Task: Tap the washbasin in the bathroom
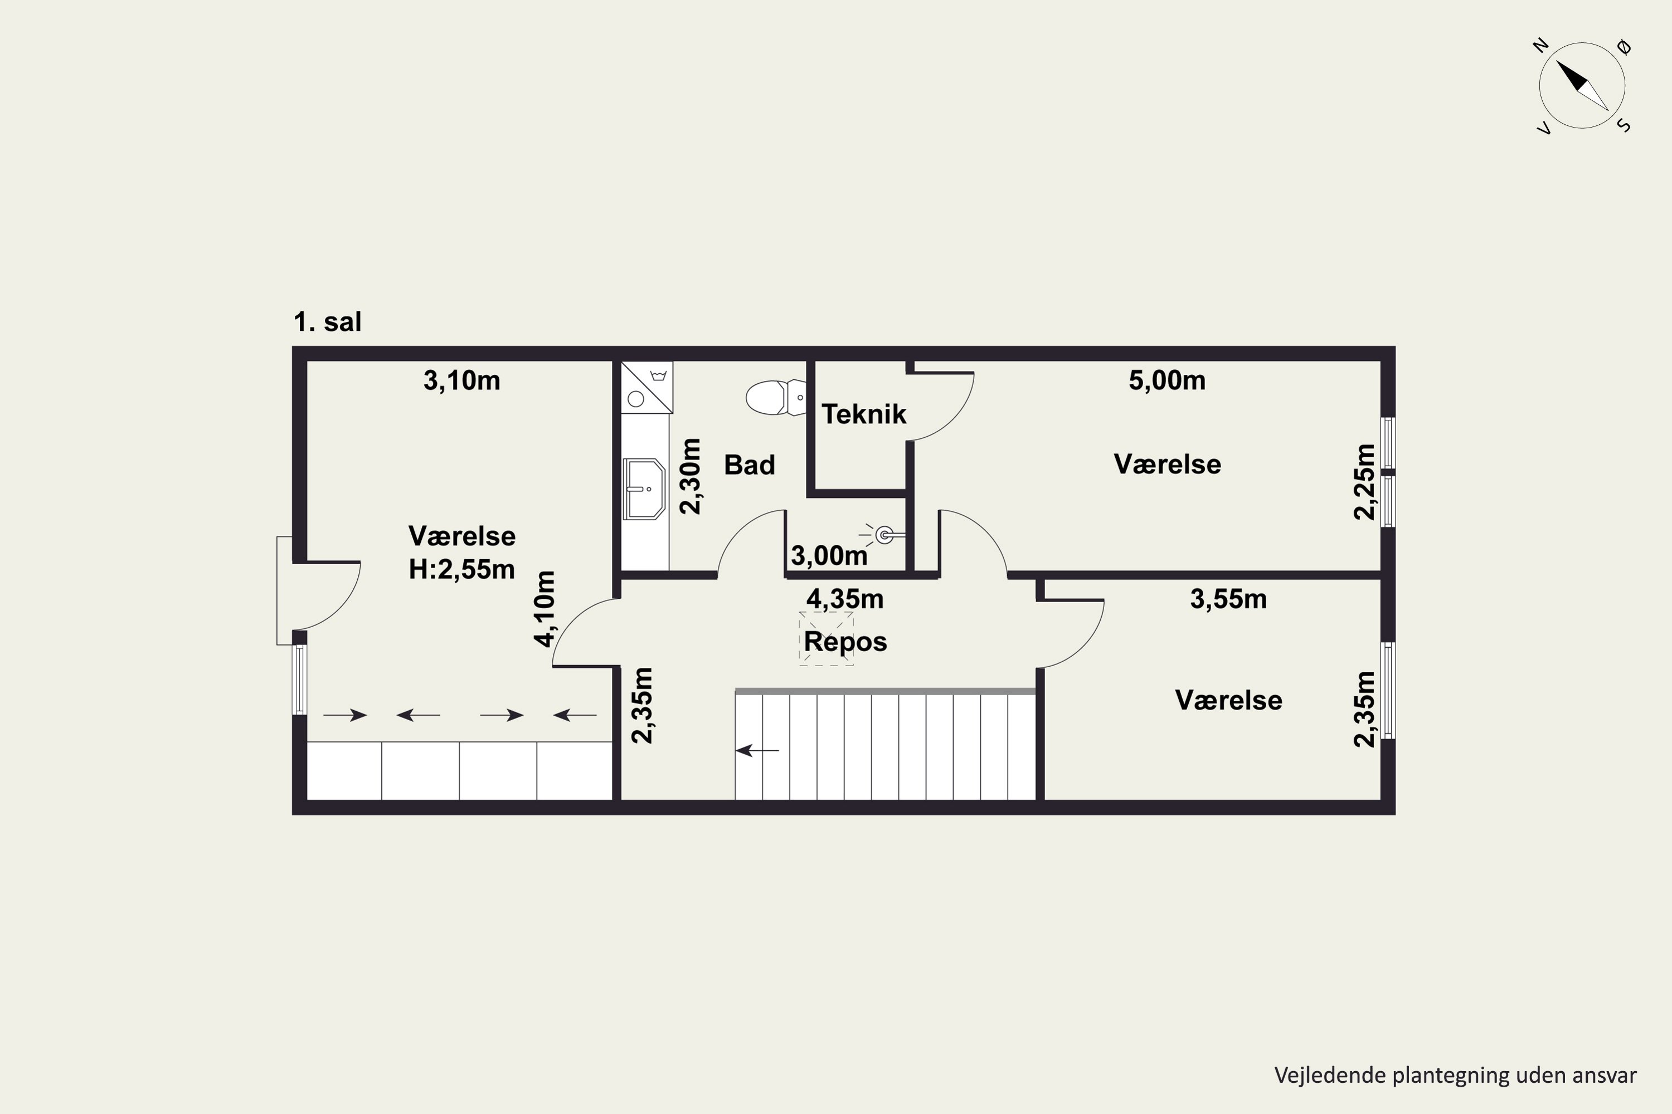pyautogui.click(x=644, y=489)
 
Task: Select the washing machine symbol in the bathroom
pyautogui.click(x=647, y=387)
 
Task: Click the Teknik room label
pyautogui.click(x=864, y=414)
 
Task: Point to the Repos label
pyautogui.click(x=845, y=642)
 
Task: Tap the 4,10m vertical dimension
pyautogui.click(x=545, y=609)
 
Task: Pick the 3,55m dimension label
pyautogui.click(x=1228, y=599)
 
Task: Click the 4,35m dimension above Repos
pyautogui.click(x=845, y=599)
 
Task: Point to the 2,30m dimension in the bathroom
pyautogui.click(x=691, y=476)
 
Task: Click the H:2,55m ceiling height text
pyautogui.click(x=462, y=569)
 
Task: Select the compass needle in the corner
pyautogui.click(x=1582, y=86)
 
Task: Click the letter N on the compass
pyautogui.click(x=1540, y=46)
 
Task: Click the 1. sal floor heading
pyautogui.click(x=328, y=322)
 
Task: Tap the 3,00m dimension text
pyautogui.click(x=830, y=555)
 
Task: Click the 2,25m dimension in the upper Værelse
pyautogui.click(x=1365, y=482)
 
